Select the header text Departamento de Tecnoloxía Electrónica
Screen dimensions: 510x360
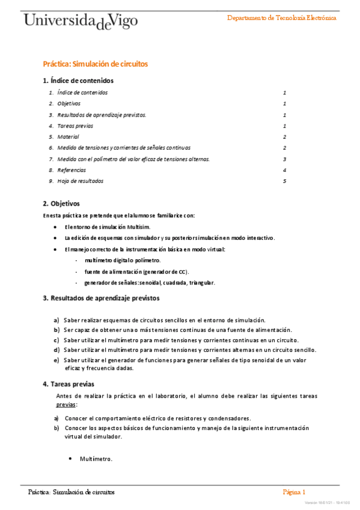(x=281, y=17)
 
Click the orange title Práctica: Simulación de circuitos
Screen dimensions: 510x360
(x=95, y=64)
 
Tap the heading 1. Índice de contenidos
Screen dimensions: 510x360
(x=78, y=81)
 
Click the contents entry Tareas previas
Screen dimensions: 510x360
(x=76, y=126)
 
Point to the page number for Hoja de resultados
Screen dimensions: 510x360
(x=284, y=181)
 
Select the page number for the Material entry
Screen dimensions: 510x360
(x=284, y=137)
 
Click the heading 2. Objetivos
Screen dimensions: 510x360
(x=61, y=203)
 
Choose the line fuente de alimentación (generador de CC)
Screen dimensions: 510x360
(x=136, y=271)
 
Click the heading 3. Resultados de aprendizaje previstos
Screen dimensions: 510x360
(x=101, y=298)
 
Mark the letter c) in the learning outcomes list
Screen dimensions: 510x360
(x=56, y=340)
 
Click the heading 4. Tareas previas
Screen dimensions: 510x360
(x=68, y=384)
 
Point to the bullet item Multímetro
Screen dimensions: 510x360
(x=96, y=459)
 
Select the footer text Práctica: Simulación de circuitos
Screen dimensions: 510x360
(x=72, y=492)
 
